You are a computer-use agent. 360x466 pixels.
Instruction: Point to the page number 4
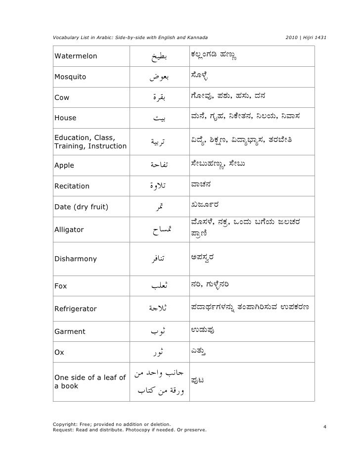tap(324, 426)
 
